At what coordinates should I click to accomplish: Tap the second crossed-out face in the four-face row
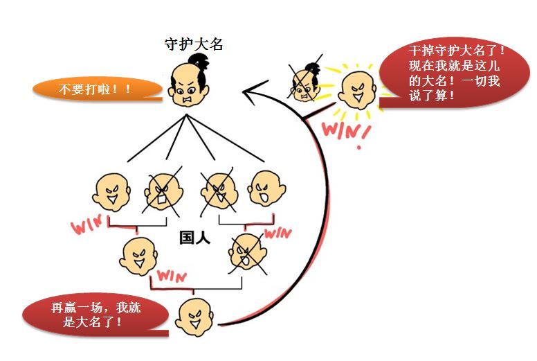point(163,190)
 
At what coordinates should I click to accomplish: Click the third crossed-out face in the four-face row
point(217,188)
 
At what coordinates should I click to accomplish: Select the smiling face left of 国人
point(139,256)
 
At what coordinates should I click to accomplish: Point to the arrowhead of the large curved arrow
point(249,90)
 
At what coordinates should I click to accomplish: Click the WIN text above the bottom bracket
point(172,274)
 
